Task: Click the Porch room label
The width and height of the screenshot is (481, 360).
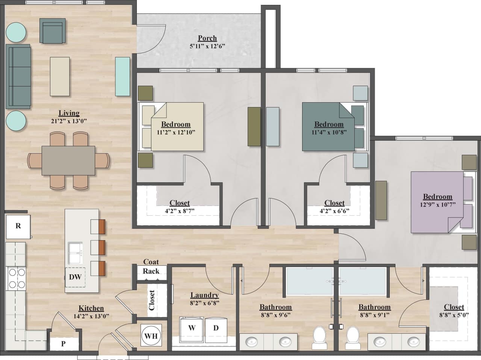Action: tap(207, 38)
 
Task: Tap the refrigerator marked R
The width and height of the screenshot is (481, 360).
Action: tap(18, 226)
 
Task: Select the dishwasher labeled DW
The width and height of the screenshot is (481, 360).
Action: tap(75, 277)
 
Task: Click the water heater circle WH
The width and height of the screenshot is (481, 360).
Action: tap(151, 336)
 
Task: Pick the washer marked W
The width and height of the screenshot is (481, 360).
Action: tap(192, 328)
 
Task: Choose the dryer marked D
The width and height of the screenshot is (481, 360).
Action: tap(216, 328)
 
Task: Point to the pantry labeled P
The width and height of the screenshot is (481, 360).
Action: tap(63, 343)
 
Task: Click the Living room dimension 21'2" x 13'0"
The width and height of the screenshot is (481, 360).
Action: tap(69, 121)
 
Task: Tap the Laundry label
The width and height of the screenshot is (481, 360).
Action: tap(204, 295)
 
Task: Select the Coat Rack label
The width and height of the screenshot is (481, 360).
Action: tap(151, 266)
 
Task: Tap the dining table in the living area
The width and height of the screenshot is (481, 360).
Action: tap(68, 160)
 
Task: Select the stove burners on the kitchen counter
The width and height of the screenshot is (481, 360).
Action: tap(15, 278)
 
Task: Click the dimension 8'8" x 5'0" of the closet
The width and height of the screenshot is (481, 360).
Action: tap(454, 315)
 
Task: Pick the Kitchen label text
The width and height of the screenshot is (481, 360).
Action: tap(91, 308)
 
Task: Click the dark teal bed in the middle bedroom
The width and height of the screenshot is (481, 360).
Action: tap(328, 127)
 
